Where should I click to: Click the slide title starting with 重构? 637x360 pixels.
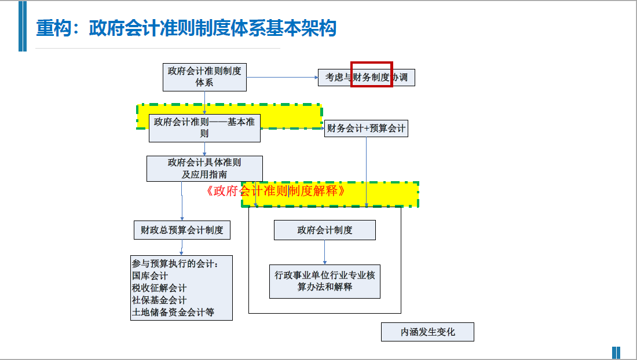click(186, 28)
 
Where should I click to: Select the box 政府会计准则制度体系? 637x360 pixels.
click(204, 76)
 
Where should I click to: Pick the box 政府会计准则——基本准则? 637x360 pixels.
click(204, 128)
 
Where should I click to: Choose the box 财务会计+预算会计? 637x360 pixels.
click(366, 128)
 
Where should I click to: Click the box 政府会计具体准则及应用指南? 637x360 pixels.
click(204, 168)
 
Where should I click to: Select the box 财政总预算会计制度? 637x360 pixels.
click(182, 230)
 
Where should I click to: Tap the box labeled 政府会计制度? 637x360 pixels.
click(324, 230)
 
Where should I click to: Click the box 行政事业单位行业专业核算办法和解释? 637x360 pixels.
click(324, 281)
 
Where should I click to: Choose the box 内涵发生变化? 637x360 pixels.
click(427, 332)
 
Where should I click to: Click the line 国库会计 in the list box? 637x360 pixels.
click(150, 276)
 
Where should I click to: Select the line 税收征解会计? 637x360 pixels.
click(159, 288)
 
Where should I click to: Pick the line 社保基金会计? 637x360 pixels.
click(159, 300)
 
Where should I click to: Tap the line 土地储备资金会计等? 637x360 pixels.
click(173, 313)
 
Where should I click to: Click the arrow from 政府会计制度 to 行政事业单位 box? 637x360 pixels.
click(324, 252)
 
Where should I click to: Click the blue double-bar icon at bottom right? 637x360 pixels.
click(616, 352)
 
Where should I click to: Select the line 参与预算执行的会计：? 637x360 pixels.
click(175, 264)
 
